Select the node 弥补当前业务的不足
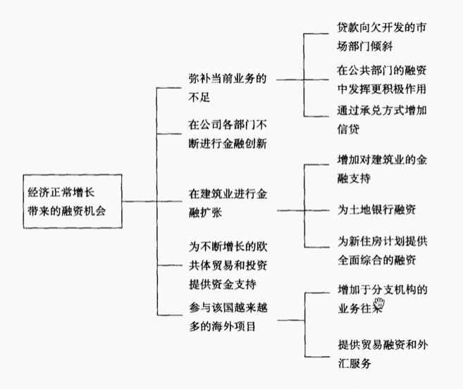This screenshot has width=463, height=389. [x=228, y=87]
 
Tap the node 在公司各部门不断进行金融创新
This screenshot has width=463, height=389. [x=228, y=134]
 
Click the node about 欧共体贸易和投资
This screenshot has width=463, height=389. [x=228, y=265]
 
